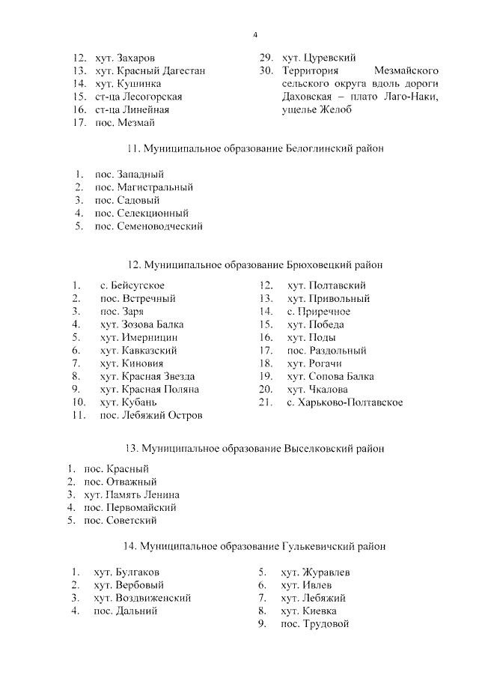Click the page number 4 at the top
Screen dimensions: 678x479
pos(254,35)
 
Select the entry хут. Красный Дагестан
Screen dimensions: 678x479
pos(150,70)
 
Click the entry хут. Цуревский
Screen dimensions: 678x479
pos(318,57)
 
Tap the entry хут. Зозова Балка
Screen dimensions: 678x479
pos(141,324)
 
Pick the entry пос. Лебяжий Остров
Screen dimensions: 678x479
pos(150,415)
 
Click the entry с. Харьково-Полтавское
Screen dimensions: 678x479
pos(345,402)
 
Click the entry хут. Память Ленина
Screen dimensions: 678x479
pos(132,494)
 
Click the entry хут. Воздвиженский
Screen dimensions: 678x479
pos(142,598)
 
